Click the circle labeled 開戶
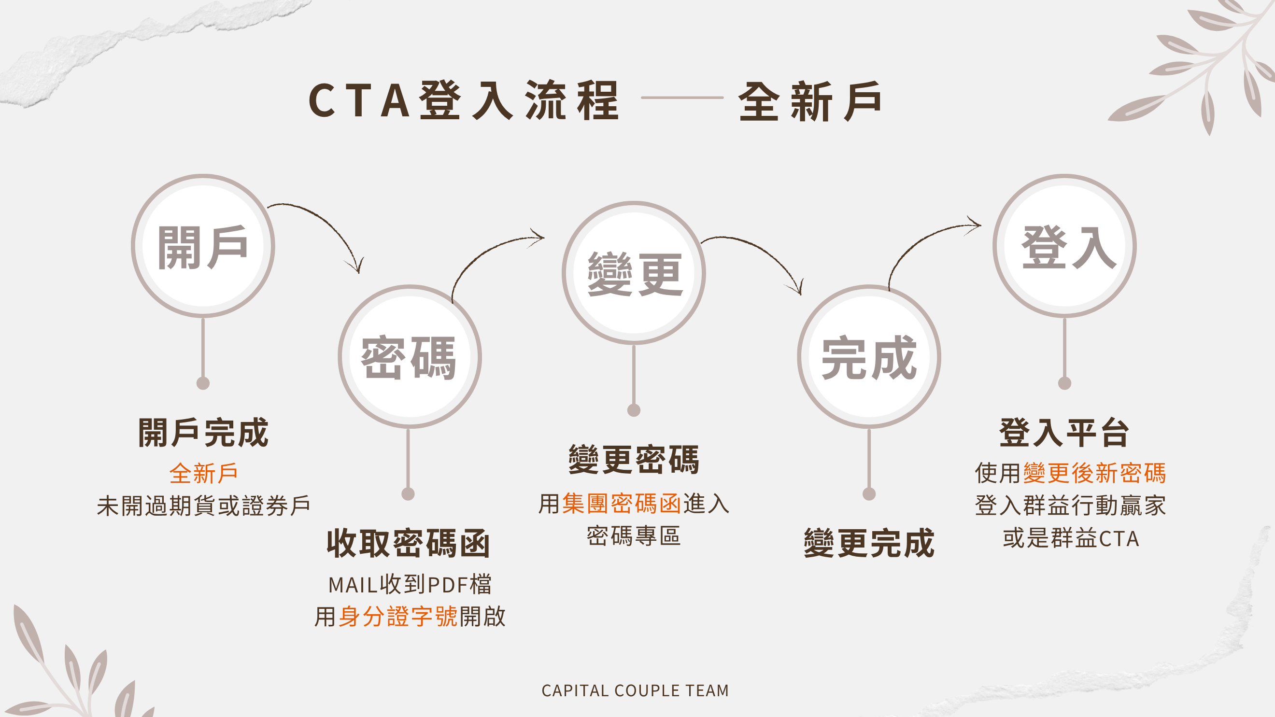coord(203,246)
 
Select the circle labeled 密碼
coord(410,357)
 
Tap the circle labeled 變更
coord(634,273)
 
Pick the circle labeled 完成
coord(869,357)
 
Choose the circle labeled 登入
coord(1064,246)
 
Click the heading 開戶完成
coord(203,433)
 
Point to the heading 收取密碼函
coord(408,543)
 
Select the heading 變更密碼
coord(634,460)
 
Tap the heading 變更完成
coord(869,543)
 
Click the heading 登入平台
coord(1064,433)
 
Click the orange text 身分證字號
coord(398,617)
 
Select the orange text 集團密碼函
coord(622,504)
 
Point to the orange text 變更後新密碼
coord(1094,473)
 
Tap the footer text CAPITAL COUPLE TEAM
coord(635,690)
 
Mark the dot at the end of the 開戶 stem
coord(203,383)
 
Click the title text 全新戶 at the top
coord(810,101)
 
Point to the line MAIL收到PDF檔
coord(410,584)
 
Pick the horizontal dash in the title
coord(682,98)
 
